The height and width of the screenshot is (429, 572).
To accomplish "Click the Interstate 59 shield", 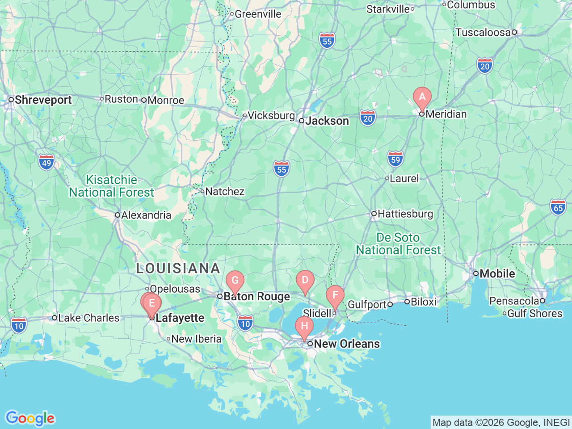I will pyautogui.click(x=395, y=160).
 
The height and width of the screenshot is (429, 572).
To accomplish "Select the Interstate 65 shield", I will pyautogui.click(x=558, y=208).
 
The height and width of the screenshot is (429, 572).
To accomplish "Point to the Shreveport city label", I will pyautogui.click(x=43, y=100).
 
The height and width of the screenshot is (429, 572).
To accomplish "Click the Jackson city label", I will pyautogui.click(x=327, y=121).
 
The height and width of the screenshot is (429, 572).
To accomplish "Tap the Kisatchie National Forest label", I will pyautogui.click(x=111, y=186).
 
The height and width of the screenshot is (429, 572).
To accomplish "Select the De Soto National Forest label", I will pyautogui.click(x=398, y=244).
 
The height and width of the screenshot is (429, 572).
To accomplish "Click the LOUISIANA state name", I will pyautogui.click(x=178, y=269).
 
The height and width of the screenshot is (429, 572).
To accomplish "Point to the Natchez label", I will pyautogui.click(x=225, y=192).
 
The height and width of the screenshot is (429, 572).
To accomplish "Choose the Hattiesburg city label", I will pyautogui.click(x=405, y=214).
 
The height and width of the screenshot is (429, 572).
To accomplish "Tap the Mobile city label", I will pyautogui.click(x=497, y=273).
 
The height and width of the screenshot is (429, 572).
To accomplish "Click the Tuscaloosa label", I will pyautogui.click(x=483, y=32).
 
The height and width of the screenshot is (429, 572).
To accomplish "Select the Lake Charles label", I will pyautogui.click(x=88, y=318).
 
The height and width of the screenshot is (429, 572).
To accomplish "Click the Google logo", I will pyautogui.click(x=30, y=419).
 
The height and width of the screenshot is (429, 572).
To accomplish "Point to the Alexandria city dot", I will pyautogui.click(x=118, y=215).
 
